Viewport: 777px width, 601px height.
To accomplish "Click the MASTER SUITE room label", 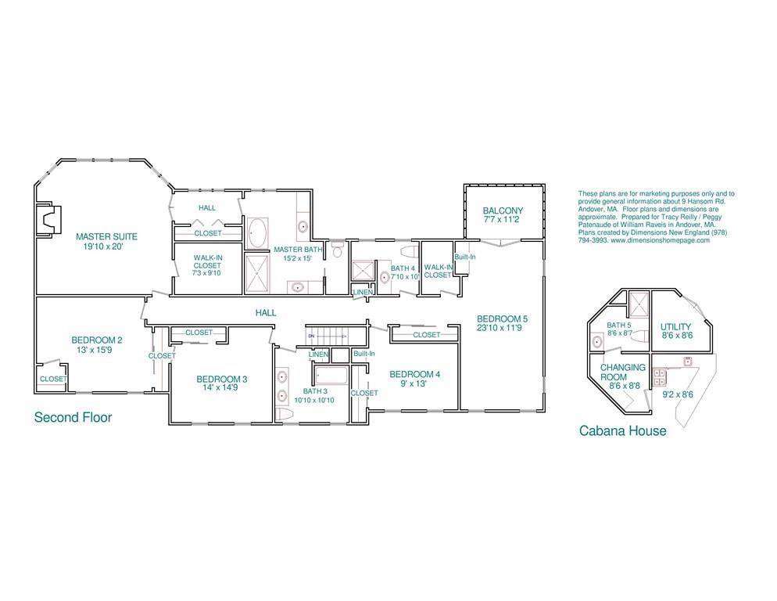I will (107, 236).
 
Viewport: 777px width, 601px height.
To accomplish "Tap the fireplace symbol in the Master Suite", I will (46, 221).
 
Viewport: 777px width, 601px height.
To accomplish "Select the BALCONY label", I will (503, 211).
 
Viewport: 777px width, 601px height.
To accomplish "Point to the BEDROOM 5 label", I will (503, 318).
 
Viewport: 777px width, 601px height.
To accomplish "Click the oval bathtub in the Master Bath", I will (256, 232).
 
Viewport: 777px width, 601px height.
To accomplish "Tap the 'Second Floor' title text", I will (73, 417).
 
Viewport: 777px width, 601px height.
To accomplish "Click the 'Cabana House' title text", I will (622, 430).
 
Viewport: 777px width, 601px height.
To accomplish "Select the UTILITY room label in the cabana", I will (677, 327).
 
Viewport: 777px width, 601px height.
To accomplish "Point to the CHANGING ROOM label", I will (623, 372).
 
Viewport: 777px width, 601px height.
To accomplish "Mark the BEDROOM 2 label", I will (97, 340).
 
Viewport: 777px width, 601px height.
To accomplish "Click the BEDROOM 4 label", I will (414, 374).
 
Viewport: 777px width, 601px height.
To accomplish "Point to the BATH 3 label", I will (315, 390).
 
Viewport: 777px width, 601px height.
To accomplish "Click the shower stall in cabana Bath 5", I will (638, 304).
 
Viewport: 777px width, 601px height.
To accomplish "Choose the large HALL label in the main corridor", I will (266, 313).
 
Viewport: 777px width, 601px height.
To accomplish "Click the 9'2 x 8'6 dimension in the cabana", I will (678, 394).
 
